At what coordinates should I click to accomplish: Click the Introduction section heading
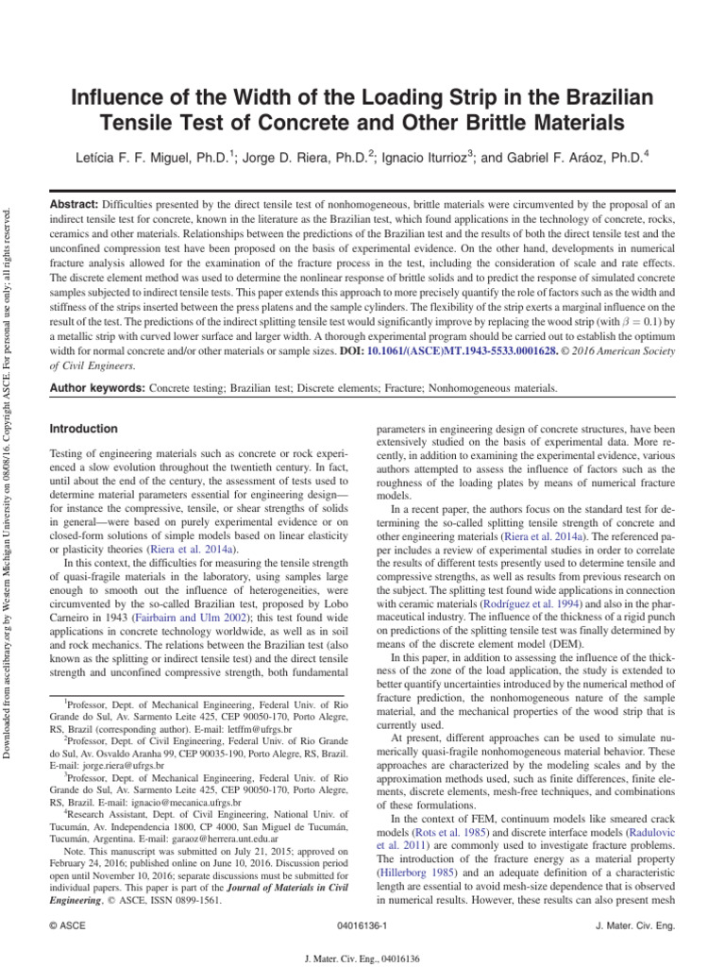pyautogui.click(x=83, y=429)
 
